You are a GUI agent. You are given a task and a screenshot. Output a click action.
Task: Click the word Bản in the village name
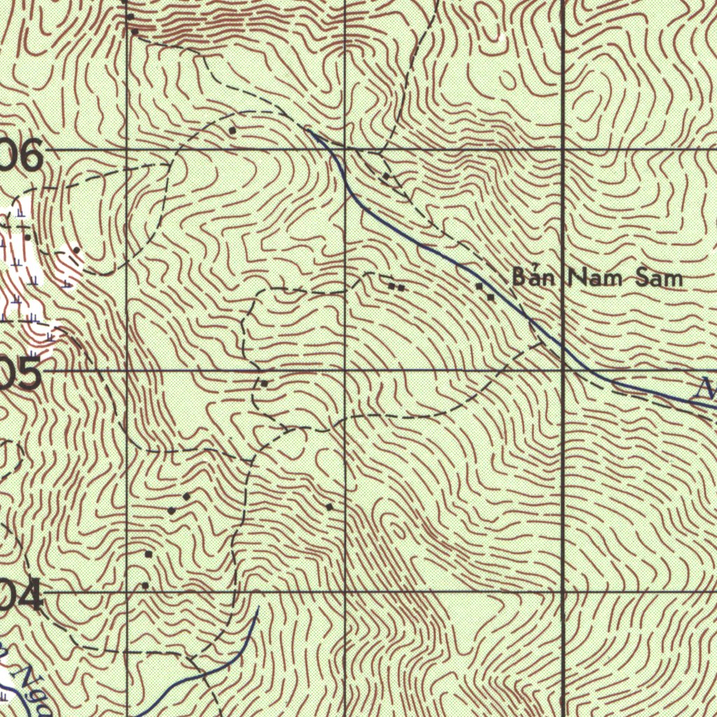click(533, 277)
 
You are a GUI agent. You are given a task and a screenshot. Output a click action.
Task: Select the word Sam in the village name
click(658, 279)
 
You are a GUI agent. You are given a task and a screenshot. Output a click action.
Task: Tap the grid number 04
click(21, 598)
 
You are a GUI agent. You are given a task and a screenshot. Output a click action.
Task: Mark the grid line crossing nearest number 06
click(126, 149)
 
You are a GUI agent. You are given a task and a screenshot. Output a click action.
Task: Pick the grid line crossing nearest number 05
click(126, 370)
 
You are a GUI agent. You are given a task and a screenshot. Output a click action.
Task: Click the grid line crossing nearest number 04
click(126, 592)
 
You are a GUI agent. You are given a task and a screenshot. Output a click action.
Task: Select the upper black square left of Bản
click(480, 286)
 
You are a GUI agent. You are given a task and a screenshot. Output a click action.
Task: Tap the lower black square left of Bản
click(492, 298)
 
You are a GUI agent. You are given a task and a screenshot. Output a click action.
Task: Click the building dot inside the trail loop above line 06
click(232, 130)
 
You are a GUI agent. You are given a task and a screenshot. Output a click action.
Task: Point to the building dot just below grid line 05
click(264, 384)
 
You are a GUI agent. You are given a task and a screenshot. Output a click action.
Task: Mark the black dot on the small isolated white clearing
click(76, 250)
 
